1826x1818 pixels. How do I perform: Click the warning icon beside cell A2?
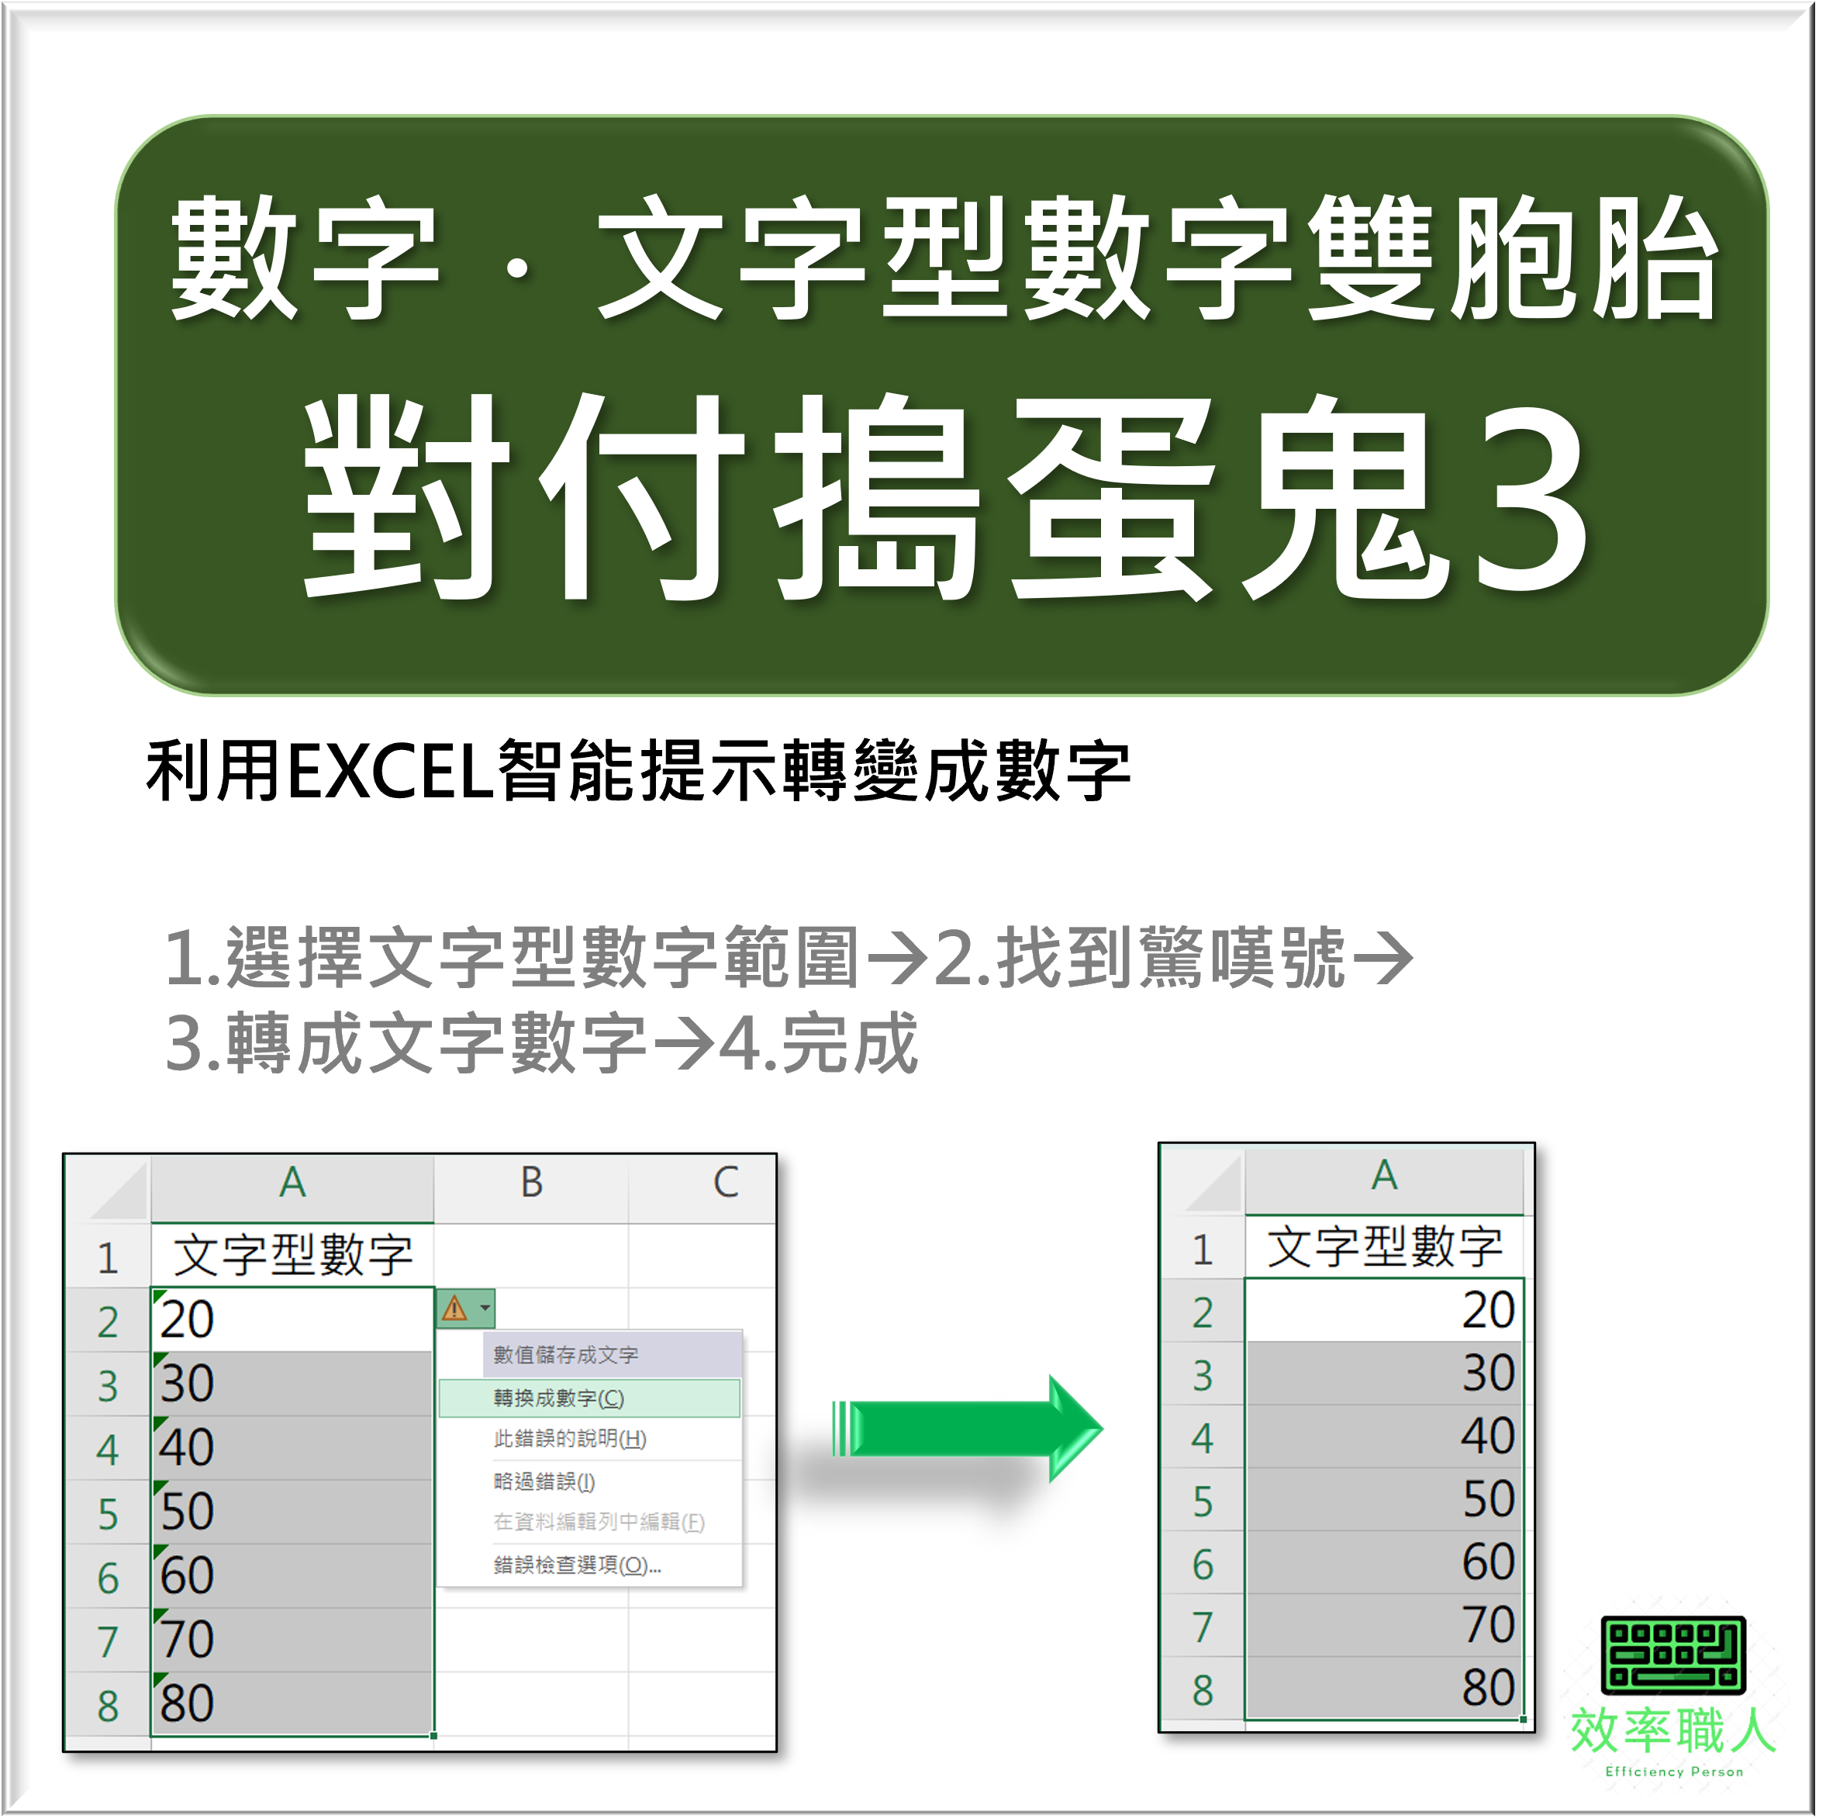coord(454,1308)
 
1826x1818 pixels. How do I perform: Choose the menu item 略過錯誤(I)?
coord(544,1481)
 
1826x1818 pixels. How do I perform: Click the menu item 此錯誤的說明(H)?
coord(570,1439)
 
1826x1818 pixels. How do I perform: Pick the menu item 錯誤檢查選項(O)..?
coord(577,1566)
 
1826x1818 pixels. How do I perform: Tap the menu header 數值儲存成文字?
coord(565,1355)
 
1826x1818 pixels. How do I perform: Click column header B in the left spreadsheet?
coord(531,1183)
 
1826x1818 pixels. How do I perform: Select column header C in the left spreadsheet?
coord(725,1183)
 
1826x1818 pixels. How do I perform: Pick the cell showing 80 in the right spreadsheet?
coord(1384,1688)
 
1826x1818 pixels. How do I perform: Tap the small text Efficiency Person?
coord(1674,1771)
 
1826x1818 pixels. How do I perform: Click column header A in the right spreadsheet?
coord(1384,1176)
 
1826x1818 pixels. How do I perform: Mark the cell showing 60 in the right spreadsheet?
coord(1384,1563)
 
